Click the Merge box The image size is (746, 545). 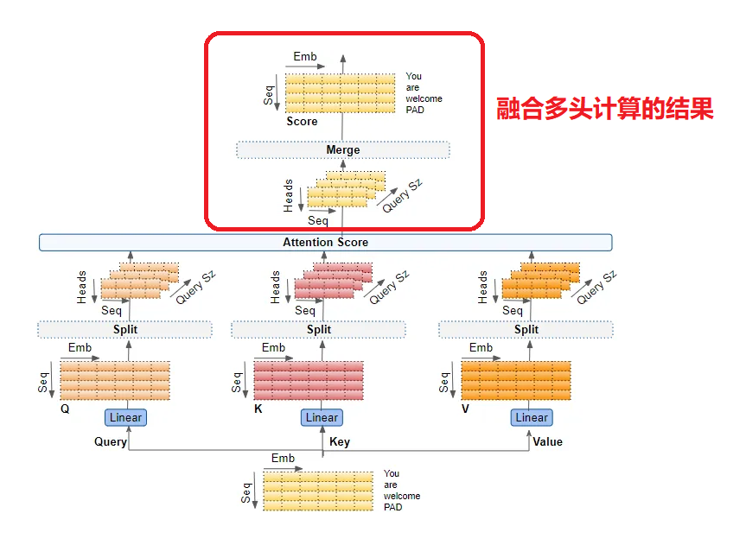343,150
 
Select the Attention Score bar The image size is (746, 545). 325,243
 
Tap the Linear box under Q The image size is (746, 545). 125,417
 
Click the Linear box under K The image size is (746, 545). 322,417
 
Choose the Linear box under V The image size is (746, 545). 532,417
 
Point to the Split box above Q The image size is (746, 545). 125,329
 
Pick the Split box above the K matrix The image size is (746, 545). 318,329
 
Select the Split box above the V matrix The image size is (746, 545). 526,329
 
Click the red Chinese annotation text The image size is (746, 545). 605,110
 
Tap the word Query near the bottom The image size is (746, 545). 111,442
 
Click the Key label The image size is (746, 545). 340,442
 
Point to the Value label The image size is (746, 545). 547,442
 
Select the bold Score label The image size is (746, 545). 302,122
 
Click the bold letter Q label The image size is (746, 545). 65,409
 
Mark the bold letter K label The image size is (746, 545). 258,409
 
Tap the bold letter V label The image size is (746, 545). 465,409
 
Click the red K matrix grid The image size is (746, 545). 309,381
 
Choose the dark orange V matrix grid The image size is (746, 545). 516,381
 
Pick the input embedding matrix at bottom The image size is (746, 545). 318,490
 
